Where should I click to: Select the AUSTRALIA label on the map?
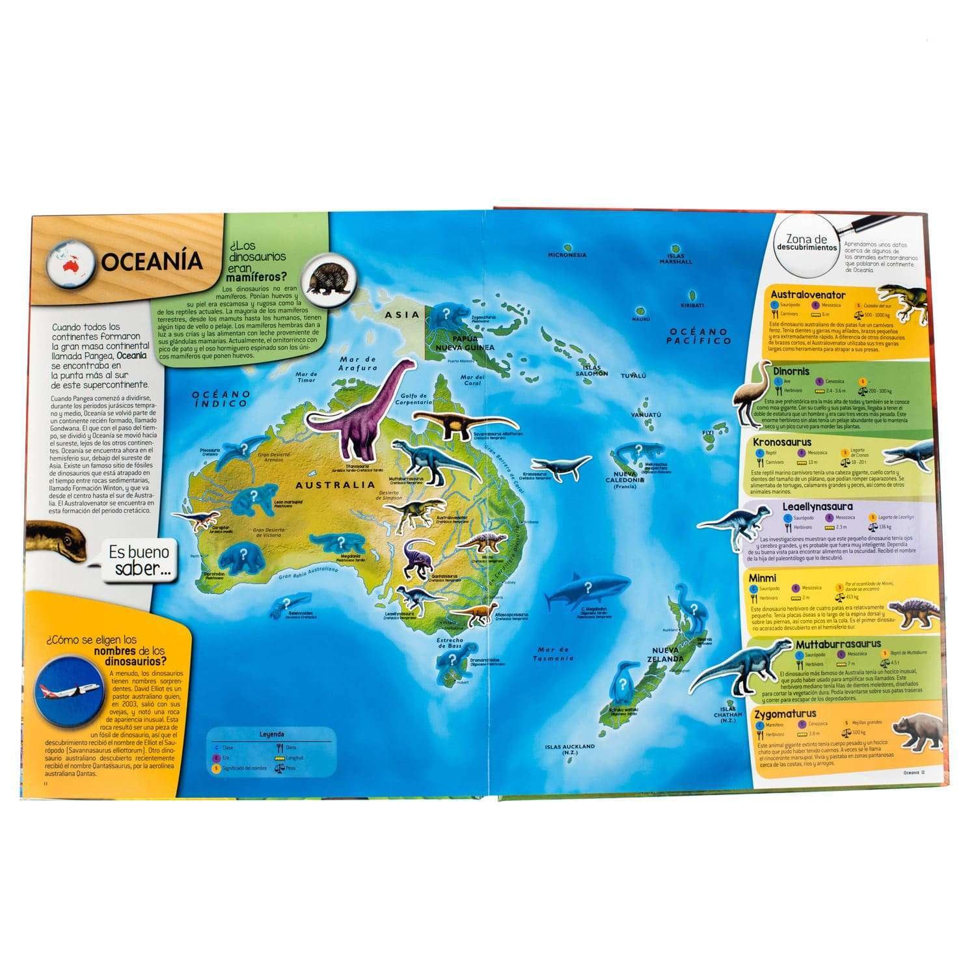coord(336,484)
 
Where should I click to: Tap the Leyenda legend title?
coord(271,734)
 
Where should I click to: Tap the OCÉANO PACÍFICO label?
coord(700,336)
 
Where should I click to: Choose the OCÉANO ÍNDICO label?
coord(221,400)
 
